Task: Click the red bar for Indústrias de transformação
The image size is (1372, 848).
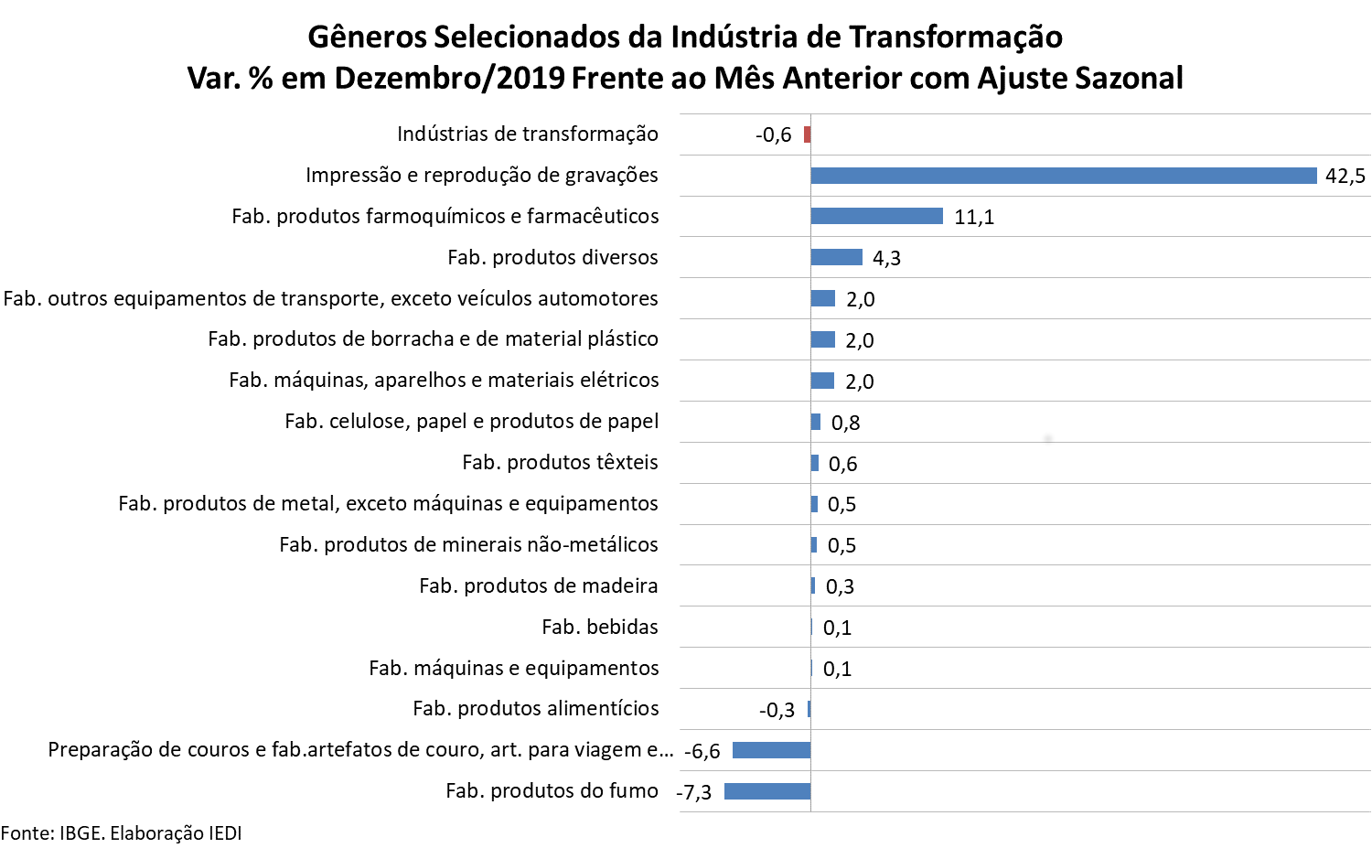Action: pos(807,134)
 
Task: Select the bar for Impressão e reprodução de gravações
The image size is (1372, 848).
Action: pos(1063,176)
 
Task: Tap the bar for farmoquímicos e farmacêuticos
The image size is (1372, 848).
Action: pos(876,216)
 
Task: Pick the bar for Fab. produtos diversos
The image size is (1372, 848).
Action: pos(836,257)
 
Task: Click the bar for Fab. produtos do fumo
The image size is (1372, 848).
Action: pos(767,791)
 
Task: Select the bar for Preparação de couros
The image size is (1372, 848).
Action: pos(771,750)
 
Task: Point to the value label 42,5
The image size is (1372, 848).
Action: pos(1345,176)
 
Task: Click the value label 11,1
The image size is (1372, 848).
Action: pos(973,217)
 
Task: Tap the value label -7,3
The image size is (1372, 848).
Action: pos(694,792)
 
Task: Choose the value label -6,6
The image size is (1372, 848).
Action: pos(702,751)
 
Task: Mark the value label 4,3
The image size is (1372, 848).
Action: pos(886,258)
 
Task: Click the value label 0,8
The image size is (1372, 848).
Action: pos(845,423)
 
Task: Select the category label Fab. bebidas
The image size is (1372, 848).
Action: pos(599,627)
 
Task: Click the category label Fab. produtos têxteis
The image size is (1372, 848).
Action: pos(560,462)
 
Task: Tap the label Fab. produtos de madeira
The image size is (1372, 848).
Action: pos(538,585)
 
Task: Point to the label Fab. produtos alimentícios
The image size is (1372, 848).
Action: pos(535,708)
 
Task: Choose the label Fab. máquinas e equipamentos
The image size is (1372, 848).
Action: pos(513,668)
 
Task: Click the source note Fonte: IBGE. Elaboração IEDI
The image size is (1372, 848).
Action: pos(122,832)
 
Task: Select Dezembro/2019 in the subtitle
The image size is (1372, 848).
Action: pos(449,78)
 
